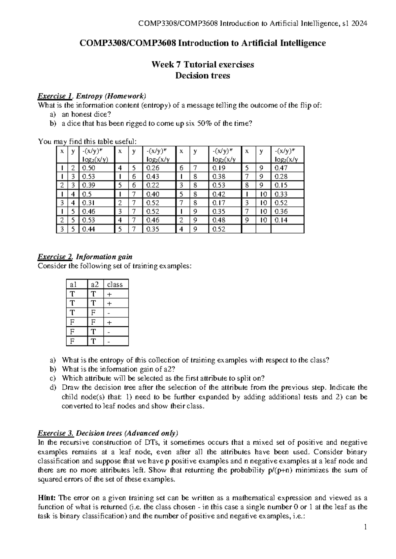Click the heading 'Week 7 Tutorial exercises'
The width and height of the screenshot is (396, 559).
(x=202, y=65)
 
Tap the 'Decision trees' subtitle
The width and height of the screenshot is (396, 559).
(x=202, y=76)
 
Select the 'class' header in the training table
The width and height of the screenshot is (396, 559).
(x=115, y=284)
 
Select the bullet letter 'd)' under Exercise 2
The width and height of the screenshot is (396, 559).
(x=53, y=388)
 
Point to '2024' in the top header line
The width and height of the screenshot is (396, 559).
(x=359, y=23)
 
